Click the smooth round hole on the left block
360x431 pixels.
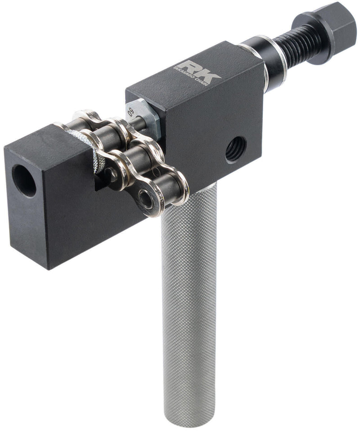click(23, 180)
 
